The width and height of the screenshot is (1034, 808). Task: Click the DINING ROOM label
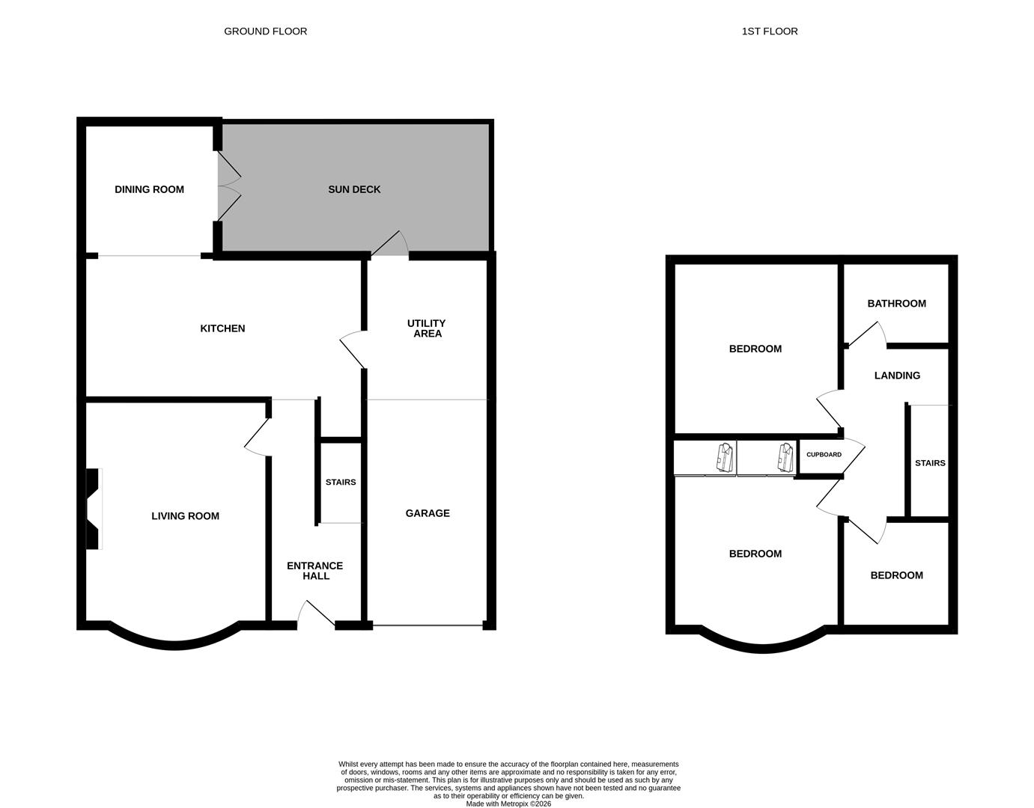pos(149,189)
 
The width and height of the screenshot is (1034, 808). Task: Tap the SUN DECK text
pos(354,189)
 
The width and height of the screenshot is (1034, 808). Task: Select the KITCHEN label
pos(222,328)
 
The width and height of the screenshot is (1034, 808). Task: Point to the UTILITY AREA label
pos(427,328)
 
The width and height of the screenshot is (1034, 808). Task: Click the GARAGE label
pos(428,513)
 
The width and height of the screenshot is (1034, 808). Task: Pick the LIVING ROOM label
pos(185,515)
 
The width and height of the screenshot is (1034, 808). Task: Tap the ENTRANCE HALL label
pos(314,571)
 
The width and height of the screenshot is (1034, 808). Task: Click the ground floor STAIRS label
pos(341,483)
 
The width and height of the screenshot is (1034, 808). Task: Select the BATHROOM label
pos(896,303)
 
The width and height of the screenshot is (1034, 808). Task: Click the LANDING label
pos(897,376)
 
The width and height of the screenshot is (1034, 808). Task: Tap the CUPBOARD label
pos(824,455)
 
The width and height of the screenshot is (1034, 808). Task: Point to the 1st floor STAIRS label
pos(930,463)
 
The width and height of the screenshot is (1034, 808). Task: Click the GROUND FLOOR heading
pos(265,31)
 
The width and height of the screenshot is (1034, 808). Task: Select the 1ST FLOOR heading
pos(770,31)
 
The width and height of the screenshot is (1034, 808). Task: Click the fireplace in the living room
pos(93,509)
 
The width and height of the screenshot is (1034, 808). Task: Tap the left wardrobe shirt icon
pos(725,457)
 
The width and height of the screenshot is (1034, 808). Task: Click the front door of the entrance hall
pos(317,613)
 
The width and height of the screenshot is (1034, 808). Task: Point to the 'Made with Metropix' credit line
pos(508,804)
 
